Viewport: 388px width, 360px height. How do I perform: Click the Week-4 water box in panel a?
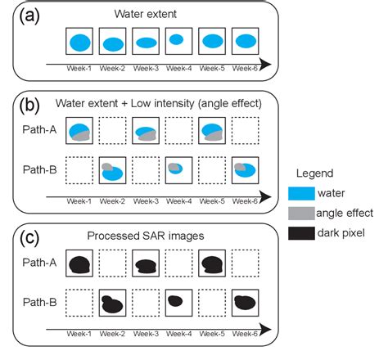point(176,41)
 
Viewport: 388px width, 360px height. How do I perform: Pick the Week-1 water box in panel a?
point(79,42)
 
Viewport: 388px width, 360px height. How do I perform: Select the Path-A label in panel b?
point(39,129)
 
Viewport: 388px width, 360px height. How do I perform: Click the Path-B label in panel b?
point(39,170)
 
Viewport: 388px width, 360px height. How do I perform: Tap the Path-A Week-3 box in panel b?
point(145,131)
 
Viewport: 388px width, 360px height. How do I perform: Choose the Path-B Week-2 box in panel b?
point(112,170)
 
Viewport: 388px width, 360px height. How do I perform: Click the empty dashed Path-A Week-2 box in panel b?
point(112,131)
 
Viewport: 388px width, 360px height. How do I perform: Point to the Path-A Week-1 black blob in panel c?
point(79,264)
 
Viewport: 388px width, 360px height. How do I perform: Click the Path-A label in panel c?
point(39,263)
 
